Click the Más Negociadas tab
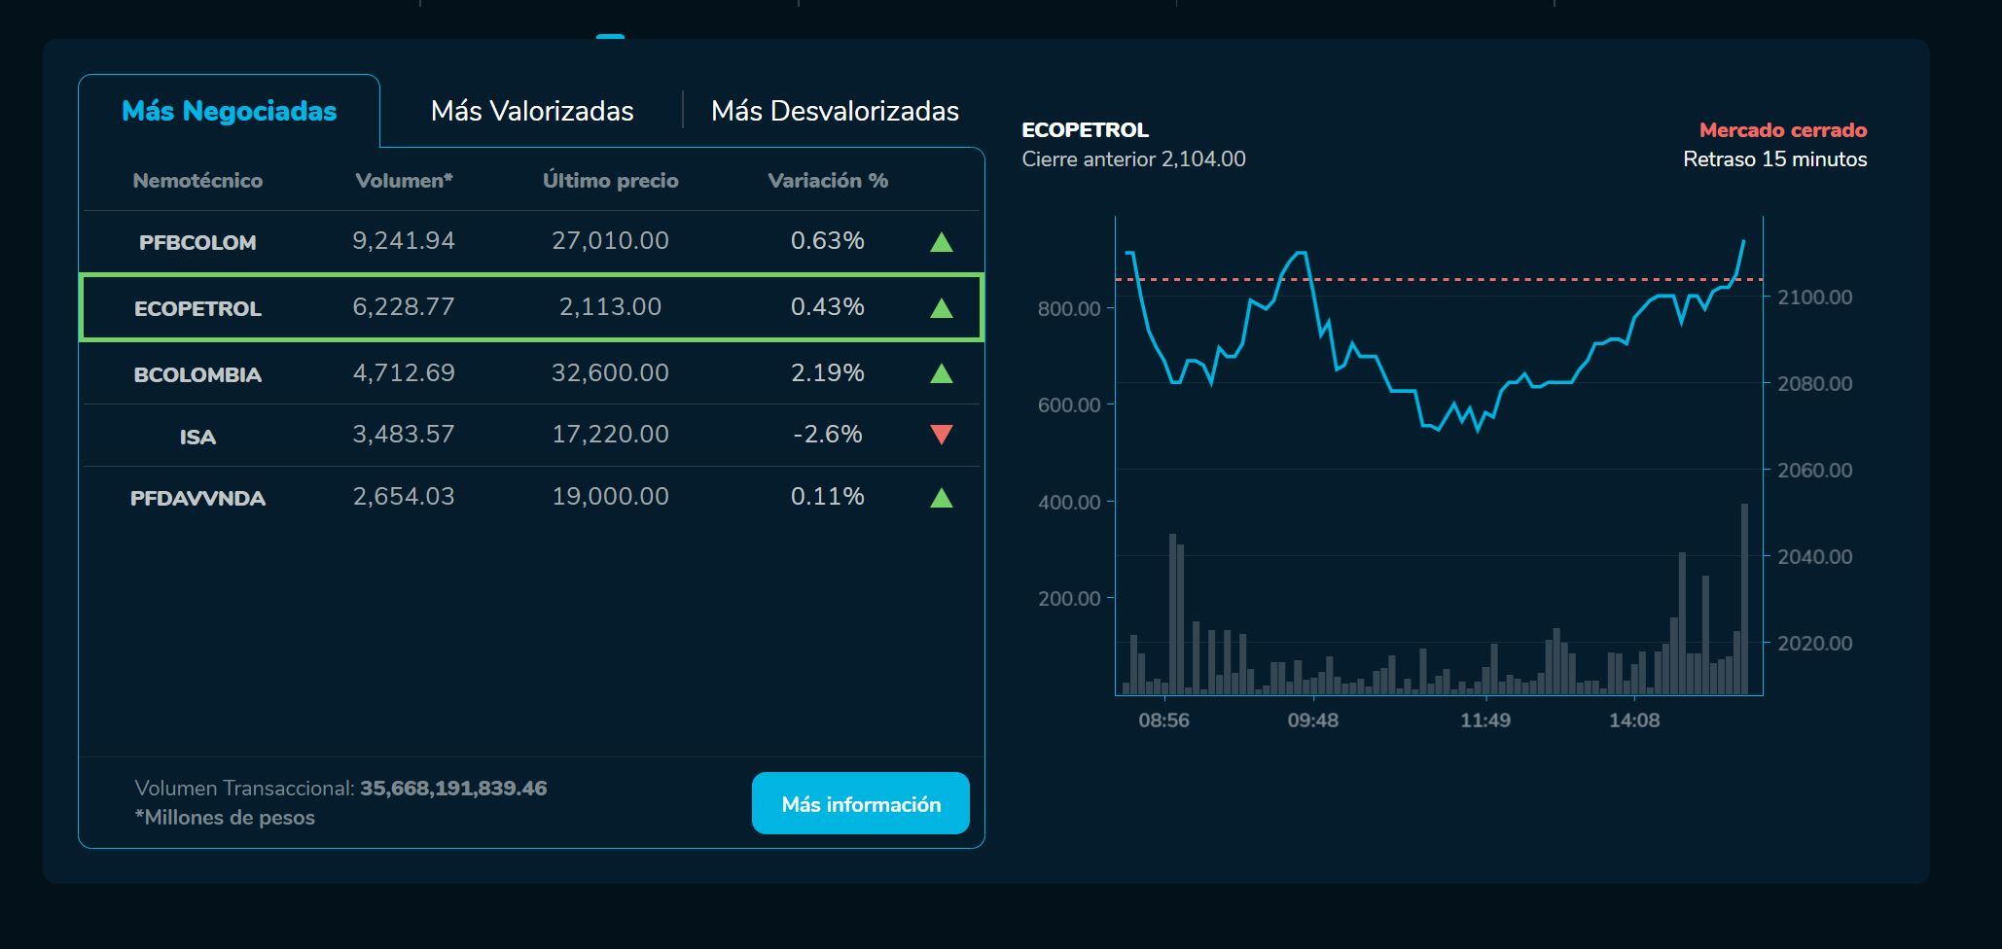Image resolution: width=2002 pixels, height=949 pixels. click(229, 111)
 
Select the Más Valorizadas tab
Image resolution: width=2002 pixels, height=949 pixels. click(532, 111)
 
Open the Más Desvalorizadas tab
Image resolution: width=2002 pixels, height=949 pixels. click(835, 111)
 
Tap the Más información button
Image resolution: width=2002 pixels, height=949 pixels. click(861, 804)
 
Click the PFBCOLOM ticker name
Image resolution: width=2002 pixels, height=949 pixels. click(197, 242)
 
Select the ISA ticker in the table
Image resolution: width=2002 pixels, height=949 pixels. click(197, 437)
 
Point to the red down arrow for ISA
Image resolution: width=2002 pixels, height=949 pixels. click(941, 435)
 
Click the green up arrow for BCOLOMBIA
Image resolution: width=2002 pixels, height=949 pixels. click(941, 373)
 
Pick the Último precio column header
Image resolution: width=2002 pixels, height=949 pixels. click(610, 181)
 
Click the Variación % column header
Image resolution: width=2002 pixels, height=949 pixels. click(828, 181)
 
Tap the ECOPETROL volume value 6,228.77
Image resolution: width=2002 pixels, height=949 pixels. click(404, 307)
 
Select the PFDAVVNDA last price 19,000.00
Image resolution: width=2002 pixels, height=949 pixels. click(610, 497)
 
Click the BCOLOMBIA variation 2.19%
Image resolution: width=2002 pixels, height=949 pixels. click(828, 373)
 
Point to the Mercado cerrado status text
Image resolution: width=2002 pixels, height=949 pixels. click(1782, 130)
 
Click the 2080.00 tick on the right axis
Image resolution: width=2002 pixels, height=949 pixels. click(1814, 384)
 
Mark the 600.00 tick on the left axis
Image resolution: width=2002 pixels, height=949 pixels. click(1069, 405)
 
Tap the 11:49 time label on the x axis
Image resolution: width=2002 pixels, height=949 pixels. click(1485, 721)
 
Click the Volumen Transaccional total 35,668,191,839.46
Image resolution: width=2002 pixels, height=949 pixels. click(453, 789)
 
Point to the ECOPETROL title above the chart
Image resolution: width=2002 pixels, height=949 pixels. click(1085, 130)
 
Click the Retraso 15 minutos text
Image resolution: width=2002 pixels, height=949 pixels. click(1774, 159)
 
